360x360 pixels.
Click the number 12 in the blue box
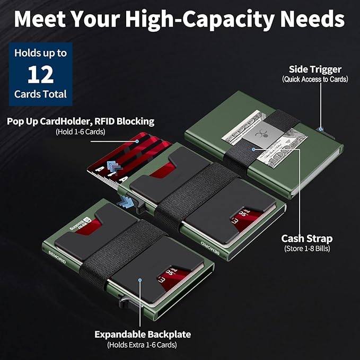(x=41, y=74)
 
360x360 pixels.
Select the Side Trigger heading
(x=315, y=69)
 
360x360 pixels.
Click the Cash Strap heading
(x=307, y=239)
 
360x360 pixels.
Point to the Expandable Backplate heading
(x=143, y=334)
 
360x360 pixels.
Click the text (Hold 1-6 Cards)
(x=81, y=132)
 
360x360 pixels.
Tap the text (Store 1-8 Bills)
(x=307, y=249)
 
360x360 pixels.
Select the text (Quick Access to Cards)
(x=315, y=80)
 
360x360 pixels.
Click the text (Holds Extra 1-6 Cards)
(x=142, y=345)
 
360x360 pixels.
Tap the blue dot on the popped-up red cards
(x=137, y=142)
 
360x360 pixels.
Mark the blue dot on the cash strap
(x=253, y=150)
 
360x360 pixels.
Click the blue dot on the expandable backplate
(x=140, y=280)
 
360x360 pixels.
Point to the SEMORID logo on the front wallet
(x=57, y=257)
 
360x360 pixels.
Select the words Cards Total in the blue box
(x=40, y=94)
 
